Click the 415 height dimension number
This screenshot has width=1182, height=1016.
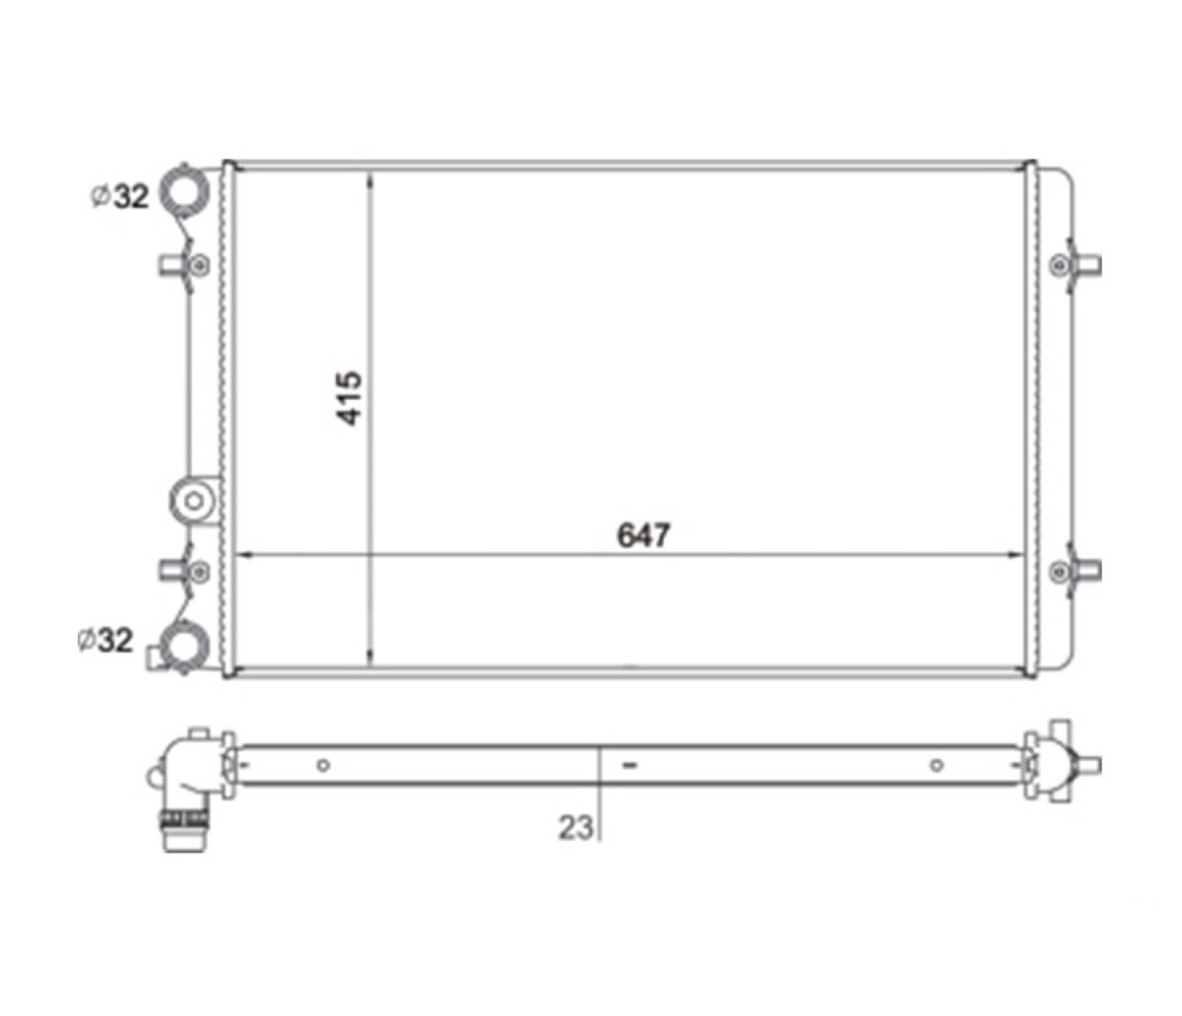(349, 399)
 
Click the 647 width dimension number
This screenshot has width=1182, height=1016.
(643, 536)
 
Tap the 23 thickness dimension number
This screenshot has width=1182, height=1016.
(575, 827)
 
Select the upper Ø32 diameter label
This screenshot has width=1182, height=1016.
(120, 196)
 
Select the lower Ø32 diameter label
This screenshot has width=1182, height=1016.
(105, 640)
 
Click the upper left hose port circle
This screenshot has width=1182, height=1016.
(184, 190)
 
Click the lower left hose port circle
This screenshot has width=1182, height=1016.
(184, 647)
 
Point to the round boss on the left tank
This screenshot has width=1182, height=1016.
(194, 501)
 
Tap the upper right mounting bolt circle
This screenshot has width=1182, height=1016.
(1059, 265)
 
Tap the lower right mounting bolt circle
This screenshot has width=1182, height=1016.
(1059, 571)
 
